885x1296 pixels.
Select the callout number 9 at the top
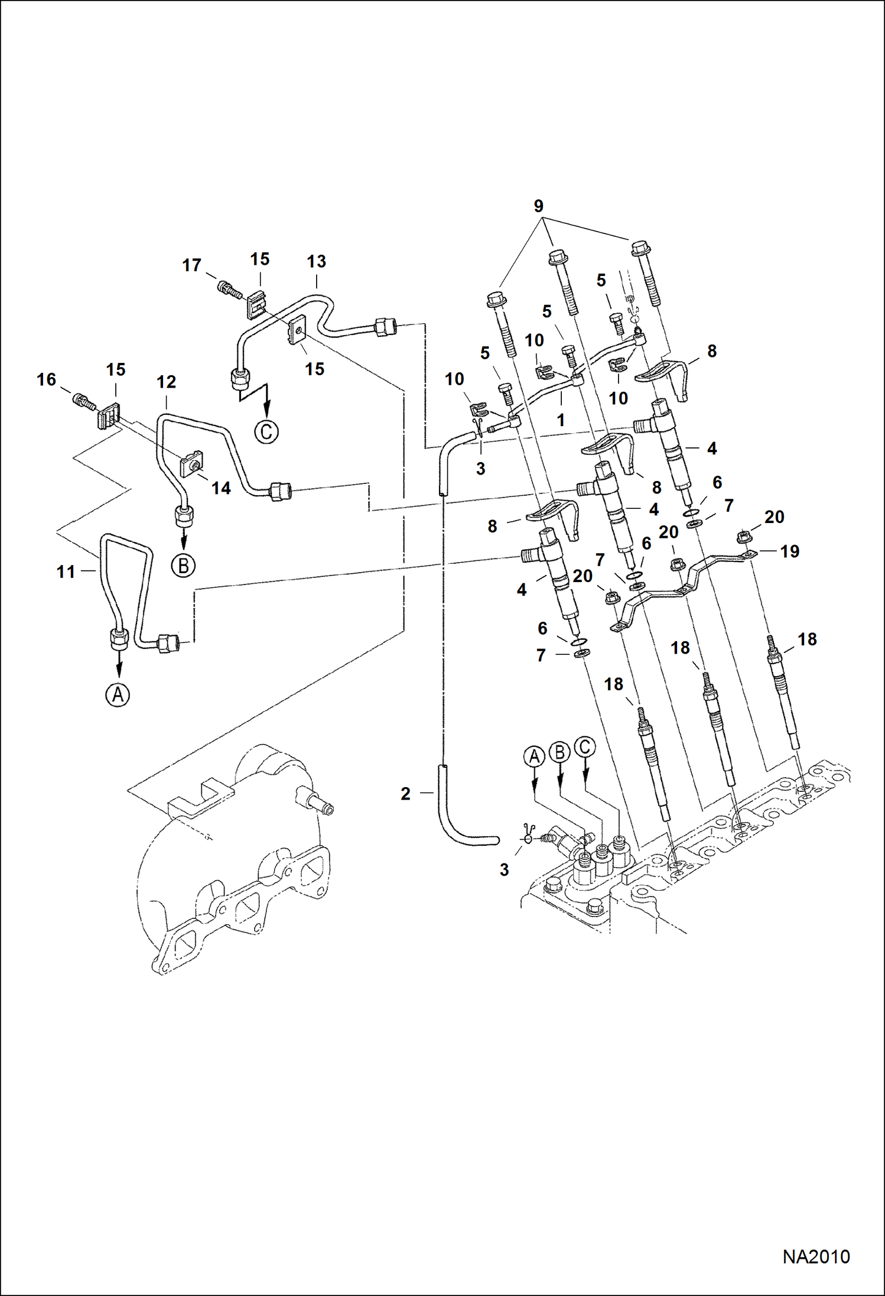tap(538, 206)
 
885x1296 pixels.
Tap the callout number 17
tap(191, 265)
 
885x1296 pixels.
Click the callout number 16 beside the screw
tap(47, 379)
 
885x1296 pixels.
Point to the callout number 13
tap(316, 261)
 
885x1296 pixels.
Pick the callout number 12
tap(166, 382)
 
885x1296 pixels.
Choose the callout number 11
tap(66, 571)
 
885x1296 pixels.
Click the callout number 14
tap(221, 488)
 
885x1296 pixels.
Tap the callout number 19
tap(789, 551)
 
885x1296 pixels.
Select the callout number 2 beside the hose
tap(405, 794)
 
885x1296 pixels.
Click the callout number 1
tap(561, 420)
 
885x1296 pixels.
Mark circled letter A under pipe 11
tap(118, 695)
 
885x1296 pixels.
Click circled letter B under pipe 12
tap(183, 566)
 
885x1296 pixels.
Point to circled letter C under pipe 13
tap(266, 432)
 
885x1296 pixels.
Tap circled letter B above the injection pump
tap(559, 752)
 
